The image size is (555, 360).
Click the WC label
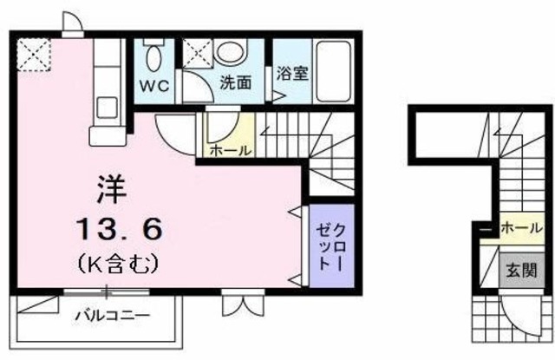click(154, 87)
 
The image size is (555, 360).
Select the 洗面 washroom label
click(234, 85)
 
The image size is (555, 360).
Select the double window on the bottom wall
click(236, 304)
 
